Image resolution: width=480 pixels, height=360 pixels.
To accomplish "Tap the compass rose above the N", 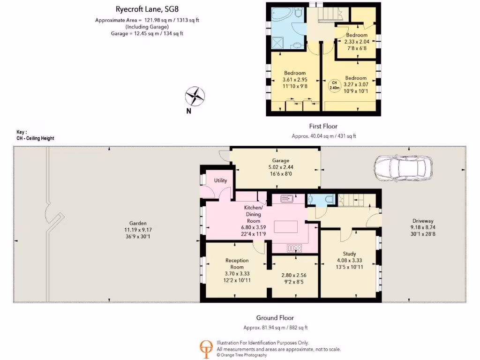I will [195, 96].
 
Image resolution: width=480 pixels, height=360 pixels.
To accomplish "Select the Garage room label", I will [281, 160].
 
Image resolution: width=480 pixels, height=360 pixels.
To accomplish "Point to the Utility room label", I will [220, 180].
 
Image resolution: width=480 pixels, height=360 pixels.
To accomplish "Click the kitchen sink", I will [287, 199].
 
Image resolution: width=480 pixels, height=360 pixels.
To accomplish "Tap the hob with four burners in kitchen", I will [296, 247].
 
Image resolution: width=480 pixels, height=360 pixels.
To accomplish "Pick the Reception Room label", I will [237, 263].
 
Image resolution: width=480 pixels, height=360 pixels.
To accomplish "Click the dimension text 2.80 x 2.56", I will [293, 276].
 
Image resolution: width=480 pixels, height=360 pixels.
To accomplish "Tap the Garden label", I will [138, 223].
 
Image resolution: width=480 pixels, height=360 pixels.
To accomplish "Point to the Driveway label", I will [423, 221].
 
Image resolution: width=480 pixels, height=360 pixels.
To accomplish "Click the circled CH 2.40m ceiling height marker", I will [334, 85].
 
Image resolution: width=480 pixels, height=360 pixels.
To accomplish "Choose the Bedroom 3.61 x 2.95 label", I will [295, 73].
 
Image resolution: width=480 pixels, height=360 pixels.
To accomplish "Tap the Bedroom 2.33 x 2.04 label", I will [356, 35].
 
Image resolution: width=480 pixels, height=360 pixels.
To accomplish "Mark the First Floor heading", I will [323, 126].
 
